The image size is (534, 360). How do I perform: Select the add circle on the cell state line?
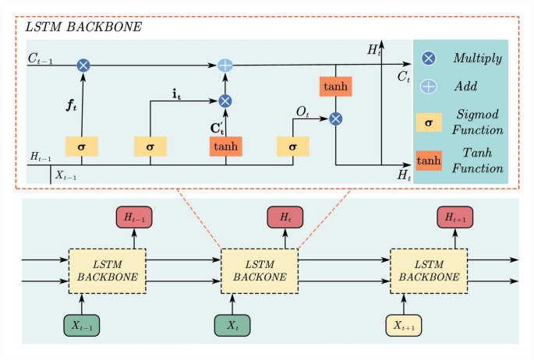pyautogui.click(x=225, y=66)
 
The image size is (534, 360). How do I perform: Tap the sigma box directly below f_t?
pyautogui.click(x=82, y=146)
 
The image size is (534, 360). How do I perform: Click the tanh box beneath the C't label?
pyautogui.click(x=225, y=146)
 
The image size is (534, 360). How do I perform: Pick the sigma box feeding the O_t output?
pyautogui.click(x=293, y=146)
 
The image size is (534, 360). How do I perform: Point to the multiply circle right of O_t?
pyautogui.click(x=335, y=118)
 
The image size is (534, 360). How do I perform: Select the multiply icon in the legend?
pyautogui.click(x=429, y=58)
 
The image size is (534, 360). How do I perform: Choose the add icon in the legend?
pyautogui.click(x=429, y=86)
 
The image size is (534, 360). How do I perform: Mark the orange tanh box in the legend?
pyautogui.click(x=429, y=161)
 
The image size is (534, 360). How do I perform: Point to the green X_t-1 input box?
pyautogui.click(x=82, y=325)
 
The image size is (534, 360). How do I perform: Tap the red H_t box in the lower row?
pyautogui.click(x=285, y=218)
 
